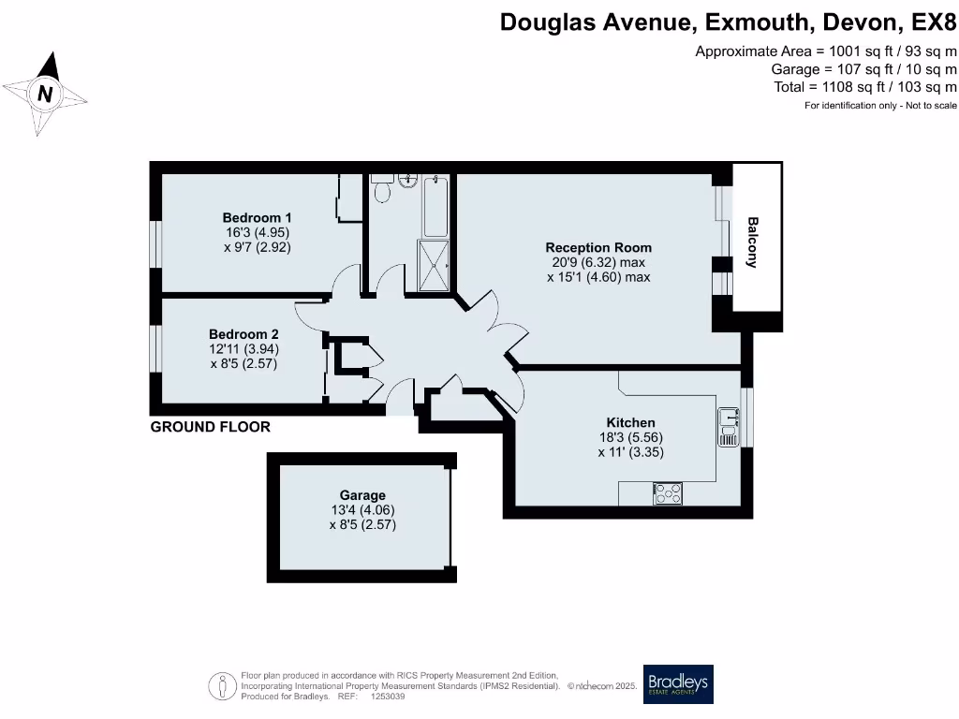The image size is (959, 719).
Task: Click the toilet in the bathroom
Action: (x=382, y=191)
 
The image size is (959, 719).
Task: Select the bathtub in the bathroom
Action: (x=436, y=206)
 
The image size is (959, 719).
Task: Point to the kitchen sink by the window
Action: (x=729, y=427)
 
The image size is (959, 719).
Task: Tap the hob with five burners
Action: (x=669, y=493)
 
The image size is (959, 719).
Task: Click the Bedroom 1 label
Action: (x=258, y=218)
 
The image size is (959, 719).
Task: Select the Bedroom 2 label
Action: (x=243, y=334)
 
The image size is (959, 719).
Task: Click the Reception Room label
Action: (x=598, y=248)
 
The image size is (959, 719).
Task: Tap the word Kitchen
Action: (x=630, y=423)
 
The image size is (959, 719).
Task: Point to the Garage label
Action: (x=362, y=495)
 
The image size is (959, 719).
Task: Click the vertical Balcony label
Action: (x=752, y=242)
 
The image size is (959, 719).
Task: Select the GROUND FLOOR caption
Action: (x=211, y=427)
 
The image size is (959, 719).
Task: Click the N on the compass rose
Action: (x=45, y=94)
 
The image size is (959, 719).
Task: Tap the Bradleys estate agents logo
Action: (x=679, y=684)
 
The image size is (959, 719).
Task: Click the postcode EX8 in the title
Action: (x=934, y=22)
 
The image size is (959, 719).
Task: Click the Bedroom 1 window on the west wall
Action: (x=157, y=245)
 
